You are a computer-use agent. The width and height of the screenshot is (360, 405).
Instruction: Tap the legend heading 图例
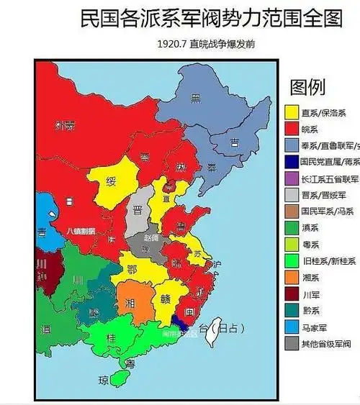click(x=308, y=87)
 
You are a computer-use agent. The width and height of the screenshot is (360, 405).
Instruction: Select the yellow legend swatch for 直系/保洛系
click(x=292, y=113)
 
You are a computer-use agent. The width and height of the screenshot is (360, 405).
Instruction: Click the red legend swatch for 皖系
click(x=292, y=129)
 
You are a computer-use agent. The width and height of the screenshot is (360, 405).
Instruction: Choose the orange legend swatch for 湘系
click(x=292, y=277)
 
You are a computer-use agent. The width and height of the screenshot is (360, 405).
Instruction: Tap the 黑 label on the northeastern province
click(x=195, y=99)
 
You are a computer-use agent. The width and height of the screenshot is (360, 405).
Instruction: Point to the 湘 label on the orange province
click(x=130, y=304)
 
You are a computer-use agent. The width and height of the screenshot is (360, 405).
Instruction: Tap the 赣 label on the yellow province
click(x=165, y=299)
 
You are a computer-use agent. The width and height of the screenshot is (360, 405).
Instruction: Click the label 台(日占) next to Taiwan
click(x=224, y=328)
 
